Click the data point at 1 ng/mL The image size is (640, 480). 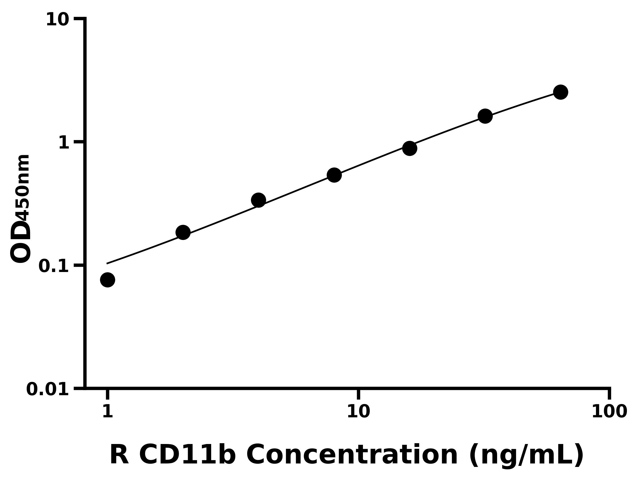tap(108, 280)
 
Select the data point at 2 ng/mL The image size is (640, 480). tap(183, 232)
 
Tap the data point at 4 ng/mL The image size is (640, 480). tap(258, 200)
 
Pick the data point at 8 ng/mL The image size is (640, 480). tap(334, 175)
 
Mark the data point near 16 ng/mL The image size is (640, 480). tap(410, 149)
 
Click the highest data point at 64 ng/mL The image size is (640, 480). tap(561, 92)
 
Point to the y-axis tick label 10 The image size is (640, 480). tap(58, 20)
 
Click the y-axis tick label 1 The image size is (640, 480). tap(64, 143)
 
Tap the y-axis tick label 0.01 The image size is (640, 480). tap(48, 389)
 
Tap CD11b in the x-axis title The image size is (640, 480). tap(187, 455)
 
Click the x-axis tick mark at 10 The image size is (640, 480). tap(358, 394)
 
